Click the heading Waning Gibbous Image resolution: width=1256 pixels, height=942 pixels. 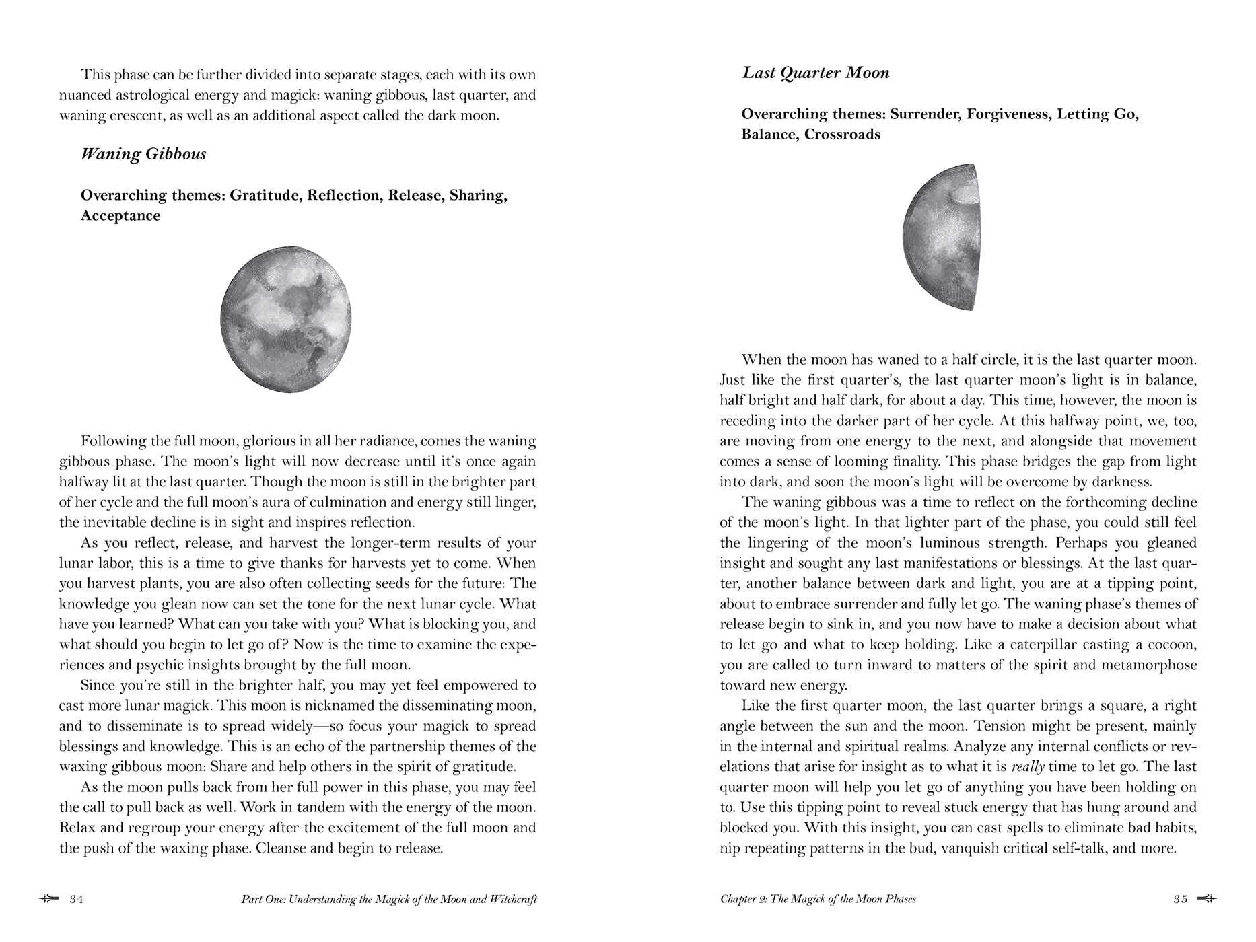[143, 154]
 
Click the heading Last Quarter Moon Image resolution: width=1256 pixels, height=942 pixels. [815, 73]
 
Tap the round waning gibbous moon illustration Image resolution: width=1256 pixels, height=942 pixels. [286, 319]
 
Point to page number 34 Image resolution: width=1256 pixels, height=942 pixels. [77, 899]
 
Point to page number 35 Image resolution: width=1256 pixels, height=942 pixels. [1181, 899]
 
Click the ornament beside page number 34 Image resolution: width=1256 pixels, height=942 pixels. [49, 899]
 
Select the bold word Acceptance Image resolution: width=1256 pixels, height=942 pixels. [120, 216]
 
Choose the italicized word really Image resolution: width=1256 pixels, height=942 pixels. [1028, 767]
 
